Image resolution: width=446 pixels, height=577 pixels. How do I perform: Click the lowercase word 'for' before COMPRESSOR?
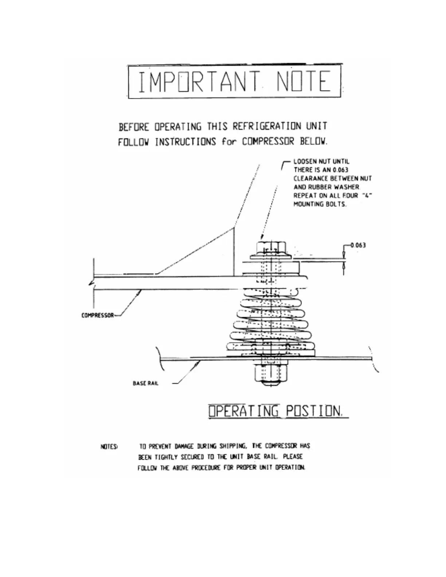tap(228, 142)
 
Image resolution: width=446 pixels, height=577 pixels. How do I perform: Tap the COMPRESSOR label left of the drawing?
tap(97, 315)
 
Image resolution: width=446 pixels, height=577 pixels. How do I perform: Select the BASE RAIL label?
tap(146, 383)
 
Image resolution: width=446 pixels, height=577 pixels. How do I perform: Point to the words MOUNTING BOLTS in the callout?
tap(320, 204)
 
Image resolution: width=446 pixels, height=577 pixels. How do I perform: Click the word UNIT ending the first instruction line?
tap(316, 126)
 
